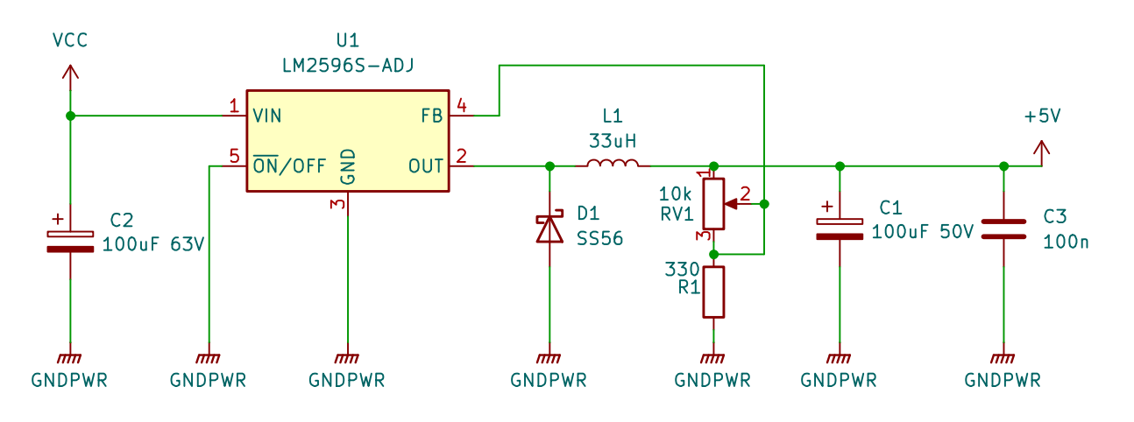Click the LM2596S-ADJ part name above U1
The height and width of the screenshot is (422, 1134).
tap(347, 65)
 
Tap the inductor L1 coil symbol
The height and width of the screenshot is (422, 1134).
tap(613, 164)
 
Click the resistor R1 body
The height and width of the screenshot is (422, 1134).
tap(714, 292)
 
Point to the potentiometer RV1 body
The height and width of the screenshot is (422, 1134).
tap(714, 203)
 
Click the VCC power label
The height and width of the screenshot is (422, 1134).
tap(70, 40)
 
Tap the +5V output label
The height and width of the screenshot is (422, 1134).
tap(1042, 116)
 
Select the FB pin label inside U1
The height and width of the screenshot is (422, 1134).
tap(432, 116)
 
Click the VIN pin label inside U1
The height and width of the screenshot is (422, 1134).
tap(267, 116)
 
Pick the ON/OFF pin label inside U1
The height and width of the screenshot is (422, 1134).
tap(289, 165)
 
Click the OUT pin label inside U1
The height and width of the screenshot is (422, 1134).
tap(427, 165)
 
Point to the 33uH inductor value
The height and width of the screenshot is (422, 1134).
tap(613, 139)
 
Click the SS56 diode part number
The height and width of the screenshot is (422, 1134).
tap(600, 237)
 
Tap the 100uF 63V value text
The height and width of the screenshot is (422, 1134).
tap(153, 244)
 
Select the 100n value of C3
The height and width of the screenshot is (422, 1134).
tap(1066, 241)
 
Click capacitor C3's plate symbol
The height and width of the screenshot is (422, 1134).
tap(1003, 229)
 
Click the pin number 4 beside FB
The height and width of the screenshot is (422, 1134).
tap(460, 106)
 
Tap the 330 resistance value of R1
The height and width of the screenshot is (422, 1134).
tap(683, 269)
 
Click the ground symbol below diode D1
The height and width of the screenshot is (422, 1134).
tap(549, 358)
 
